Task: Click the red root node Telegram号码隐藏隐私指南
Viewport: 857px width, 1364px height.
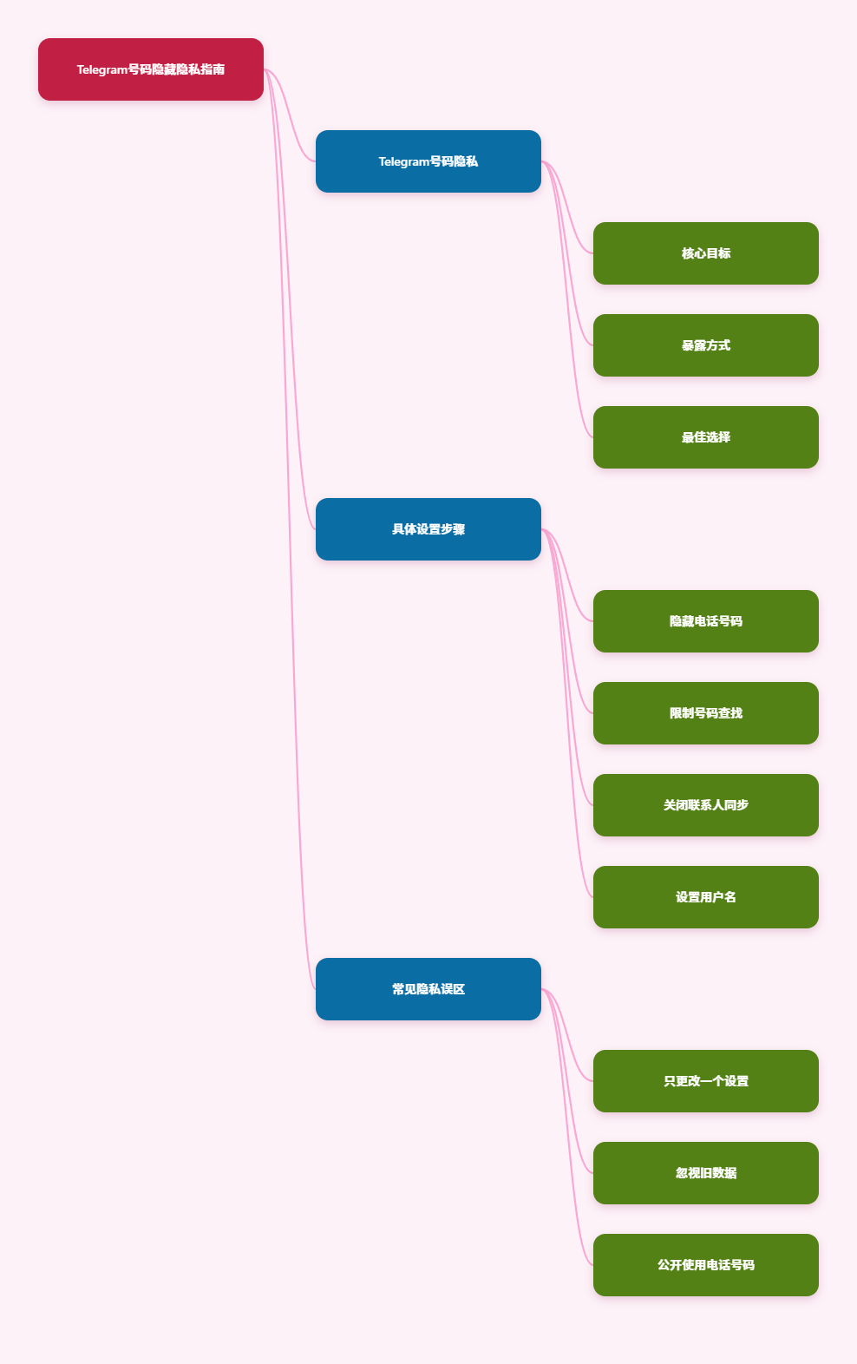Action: click(x=150, y=69)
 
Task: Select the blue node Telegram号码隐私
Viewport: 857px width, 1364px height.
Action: click(x=428, y=161)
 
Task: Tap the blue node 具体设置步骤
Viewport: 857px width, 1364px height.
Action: click(x=428, y=529)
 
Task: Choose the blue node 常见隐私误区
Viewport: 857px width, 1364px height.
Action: click(x=428, y=989)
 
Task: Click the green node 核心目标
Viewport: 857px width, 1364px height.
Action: click(x=705, y=253)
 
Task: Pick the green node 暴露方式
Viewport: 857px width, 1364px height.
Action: click(x=705, y=345)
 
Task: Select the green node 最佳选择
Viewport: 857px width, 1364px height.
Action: click(x=705, y=437)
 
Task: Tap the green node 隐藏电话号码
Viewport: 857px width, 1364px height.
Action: click(x=705, y=621)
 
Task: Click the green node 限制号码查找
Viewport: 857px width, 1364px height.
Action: click(x=705, y=713)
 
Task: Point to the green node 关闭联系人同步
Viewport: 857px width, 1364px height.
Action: click(x=705, y=805)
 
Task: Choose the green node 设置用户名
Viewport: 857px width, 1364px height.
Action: click(x=705, y=897)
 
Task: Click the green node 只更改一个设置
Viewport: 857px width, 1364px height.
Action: click(x=705, y=1081)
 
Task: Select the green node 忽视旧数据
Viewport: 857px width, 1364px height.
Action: click(x=705, y=1173)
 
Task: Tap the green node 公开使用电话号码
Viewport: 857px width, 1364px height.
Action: click(x=705, y=1265)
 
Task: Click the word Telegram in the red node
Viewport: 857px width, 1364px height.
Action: click(x=101, y=70)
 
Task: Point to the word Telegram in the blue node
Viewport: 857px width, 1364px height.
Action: click(x=403, y=162)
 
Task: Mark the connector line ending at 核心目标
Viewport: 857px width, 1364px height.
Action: click(x=567, y=207)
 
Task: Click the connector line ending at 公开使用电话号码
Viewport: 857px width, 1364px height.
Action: click(x=567, y=1126)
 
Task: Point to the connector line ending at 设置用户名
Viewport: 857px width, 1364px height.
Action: click(x=567, y=713)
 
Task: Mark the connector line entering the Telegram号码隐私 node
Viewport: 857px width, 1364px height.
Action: click(x=290, y=115)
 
